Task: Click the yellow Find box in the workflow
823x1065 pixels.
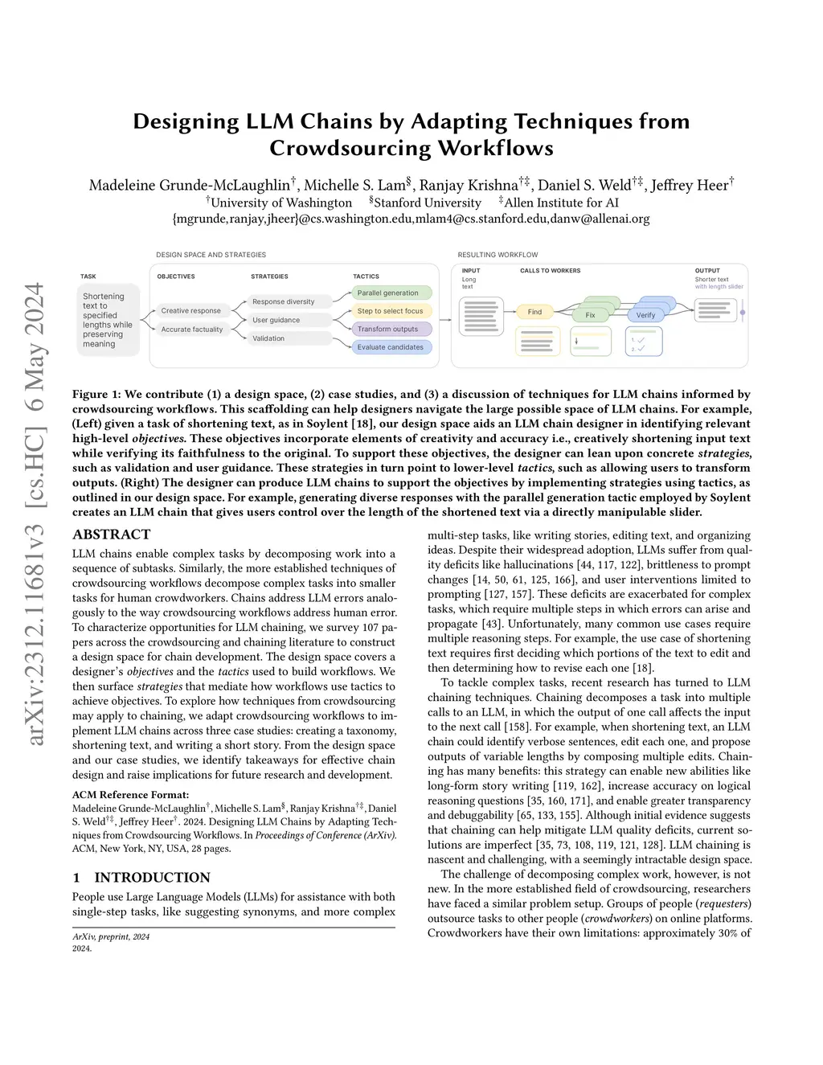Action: click(534, 312)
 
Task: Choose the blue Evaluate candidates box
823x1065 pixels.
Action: click(391, 347)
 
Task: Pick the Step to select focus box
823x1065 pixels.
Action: click(391, 311)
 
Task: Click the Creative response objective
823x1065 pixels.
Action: click(190, 310)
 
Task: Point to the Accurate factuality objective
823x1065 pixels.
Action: click(192, 330)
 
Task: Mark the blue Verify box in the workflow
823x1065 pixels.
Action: click(645, 315)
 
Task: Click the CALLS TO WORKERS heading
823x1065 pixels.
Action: click(550, 271)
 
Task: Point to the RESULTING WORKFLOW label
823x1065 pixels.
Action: click(497, 255)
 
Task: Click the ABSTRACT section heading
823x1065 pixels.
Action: click(111, 535)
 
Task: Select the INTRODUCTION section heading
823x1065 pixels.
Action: click(152, 877)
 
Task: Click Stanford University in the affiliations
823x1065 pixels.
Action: click(427, 203)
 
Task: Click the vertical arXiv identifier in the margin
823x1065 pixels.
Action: click(35, 514)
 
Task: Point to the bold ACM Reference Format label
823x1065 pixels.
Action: click(119, 795)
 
